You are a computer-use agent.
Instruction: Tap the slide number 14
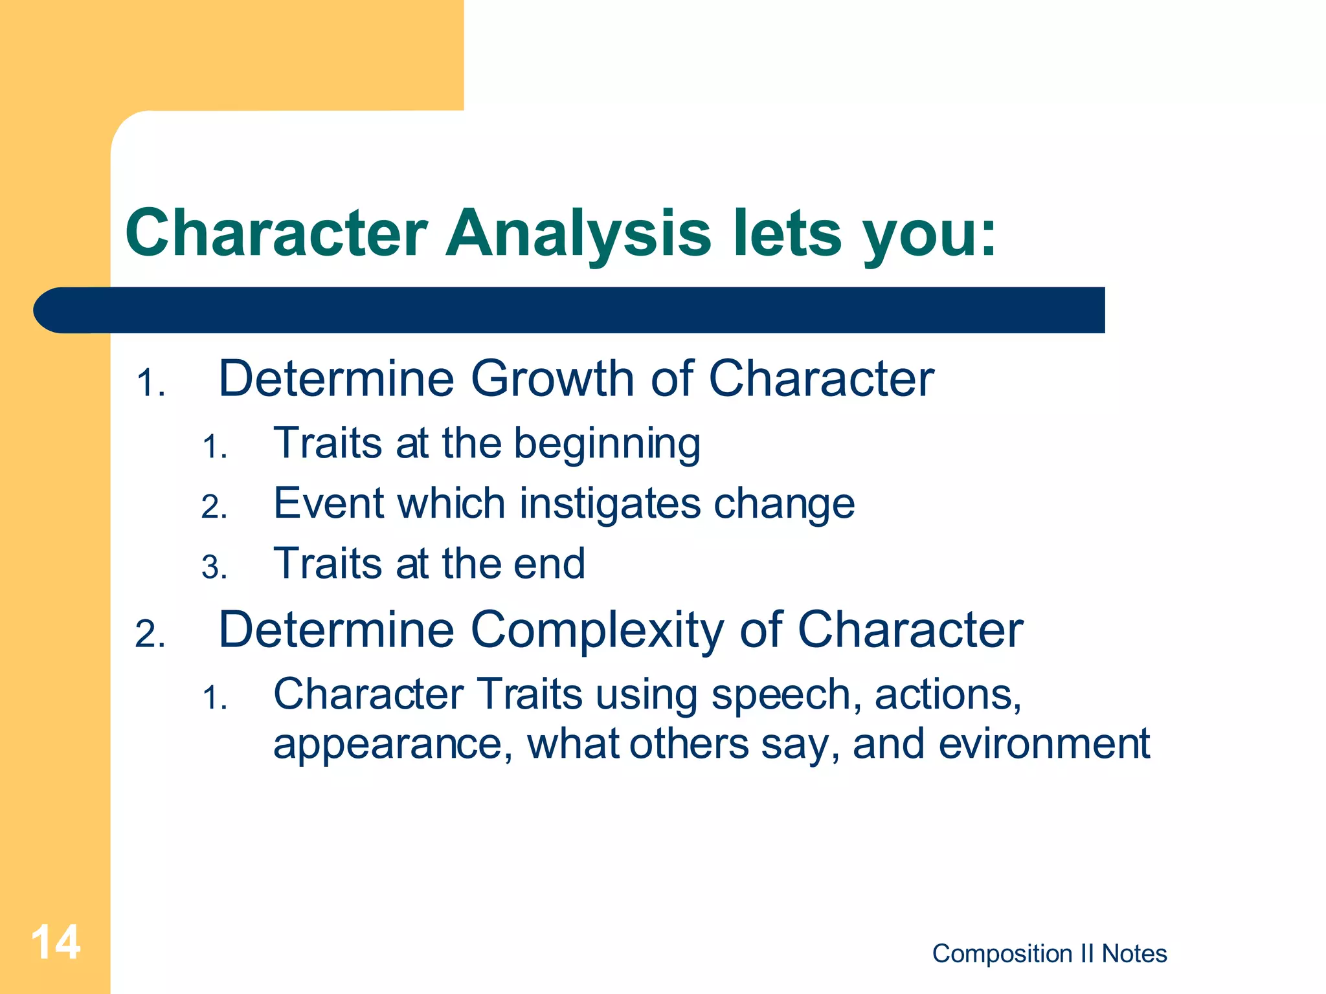(x=56, y=942)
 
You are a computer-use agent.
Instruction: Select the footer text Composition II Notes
(x=1049, y=953)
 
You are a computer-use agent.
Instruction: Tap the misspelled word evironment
(x=1044, y=744)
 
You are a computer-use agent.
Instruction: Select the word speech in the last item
(x=786, y=695)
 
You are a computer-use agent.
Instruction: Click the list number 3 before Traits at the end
(x=213, y=568)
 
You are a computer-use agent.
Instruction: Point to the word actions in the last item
(x=947, y=695)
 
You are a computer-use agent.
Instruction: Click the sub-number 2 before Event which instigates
(x=213, y=507)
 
